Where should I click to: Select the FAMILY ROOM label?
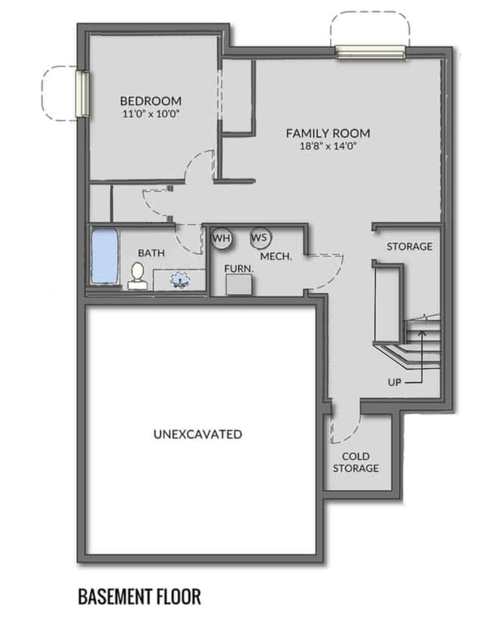pyautogui.click(x=328, y=133)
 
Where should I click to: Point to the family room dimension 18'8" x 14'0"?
pyautogui.click(x=328, y=147)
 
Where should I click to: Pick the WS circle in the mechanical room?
pyautogui.click(x=260, y=238)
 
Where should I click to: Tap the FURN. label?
pyautogui.click(x=239, y=267)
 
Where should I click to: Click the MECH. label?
pyautogui.click(x=276, y=256)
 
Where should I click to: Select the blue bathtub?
pyautogui.click(x=104, y=256)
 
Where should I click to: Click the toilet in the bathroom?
pyautogui.click(x=136, y=276)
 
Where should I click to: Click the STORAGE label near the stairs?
pyautogui.click(x=408, y=247)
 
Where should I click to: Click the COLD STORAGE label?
pyautogui.click(x=355, y=461)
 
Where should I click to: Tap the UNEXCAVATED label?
pyautogui.click(x=198, y=434)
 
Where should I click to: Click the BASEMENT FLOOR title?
pyautogui.click(x=139, y=597)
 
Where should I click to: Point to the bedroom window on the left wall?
pyautogui.click(x=82, y=92)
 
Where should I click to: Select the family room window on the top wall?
pyautogui.click(x=370, y=52)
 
